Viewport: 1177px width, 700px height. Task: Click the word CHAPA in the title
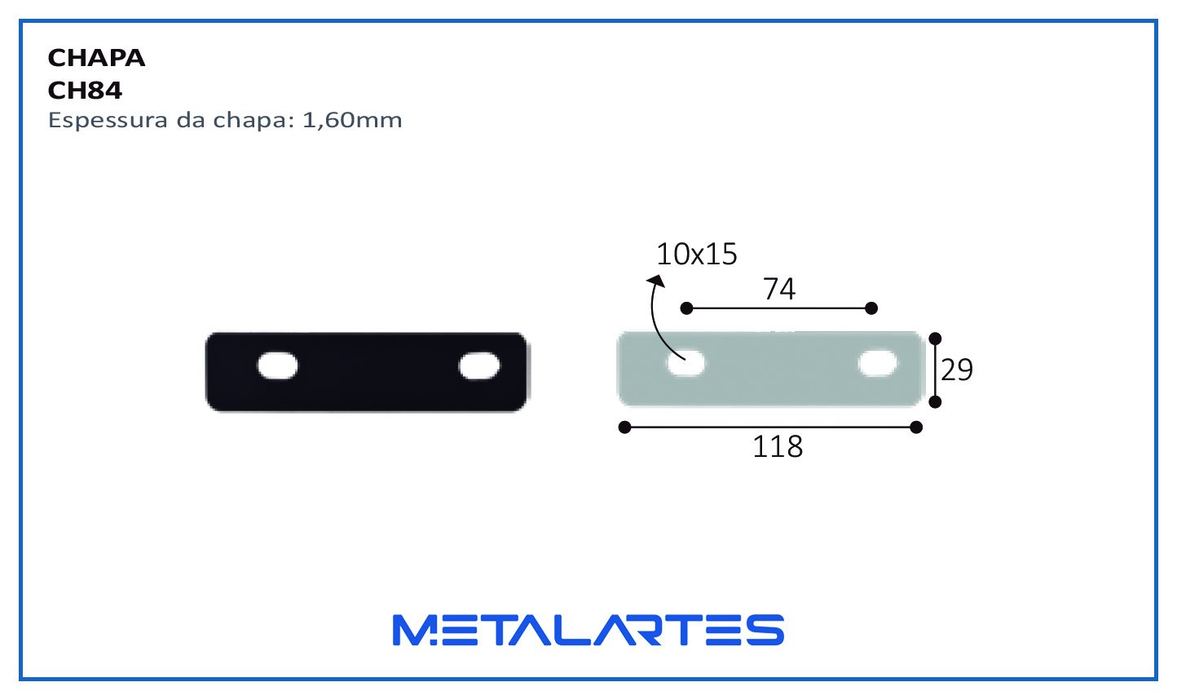point(96,58)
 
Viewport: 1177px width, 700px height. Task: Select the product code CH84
point(85,91)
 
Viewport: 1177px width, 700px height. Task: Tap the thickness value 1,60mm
point(352,121)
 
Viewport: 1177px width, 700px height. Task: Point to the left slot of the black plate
point(277,366)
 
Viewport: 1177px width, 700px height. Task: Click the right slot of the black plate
point(479,366)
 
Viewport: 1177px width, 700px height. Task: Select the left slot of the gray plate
point(685,363)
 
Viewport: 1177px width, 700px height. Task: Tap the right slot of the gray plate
point(878,363)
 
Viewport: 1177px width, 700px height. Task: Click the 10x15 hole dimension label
point(697,254)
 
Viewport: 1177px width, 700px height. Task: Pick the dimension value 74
point(779,289)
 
